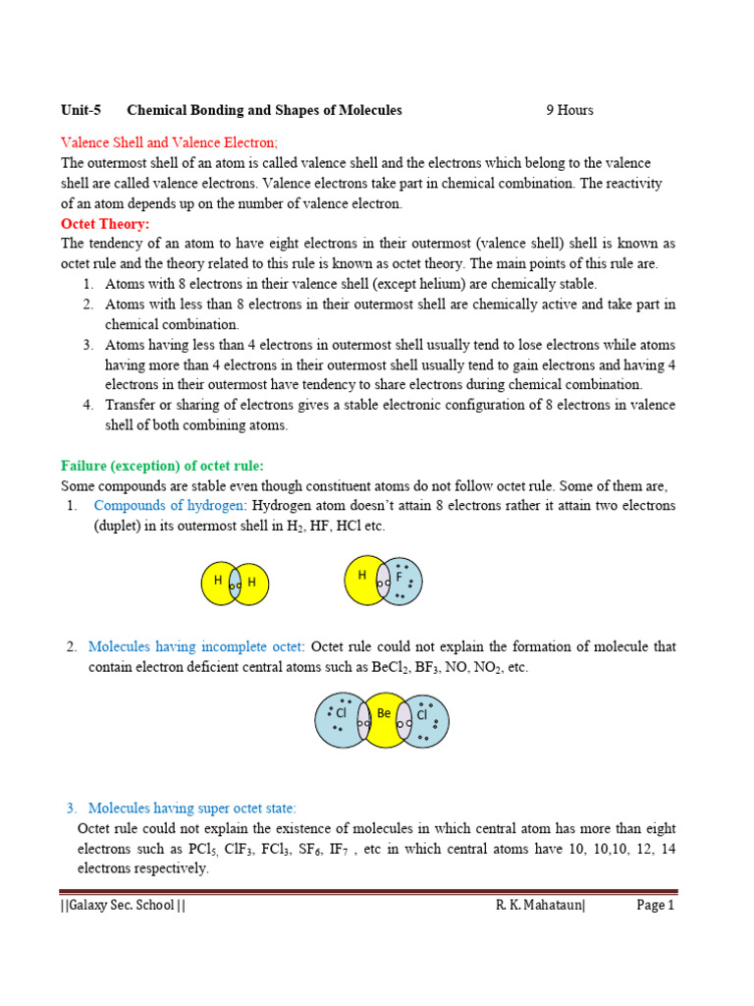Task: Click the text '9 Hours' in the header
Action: [569, 110]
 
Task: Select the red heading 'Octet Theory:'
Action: [105, 224]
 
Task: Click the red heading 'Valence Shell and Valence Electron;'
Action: [170, 141]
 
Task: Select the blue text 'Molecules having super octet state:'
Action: [191, 809]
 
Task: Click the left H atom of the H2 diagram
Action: [216, 583]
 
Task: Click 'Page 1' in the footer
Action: [656, 906]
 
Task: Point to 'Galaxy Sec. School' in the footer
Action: [123, 906]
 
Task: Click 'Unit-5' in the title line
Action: [81, 110]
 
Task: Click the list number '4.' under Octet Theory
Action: [87, 405]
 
